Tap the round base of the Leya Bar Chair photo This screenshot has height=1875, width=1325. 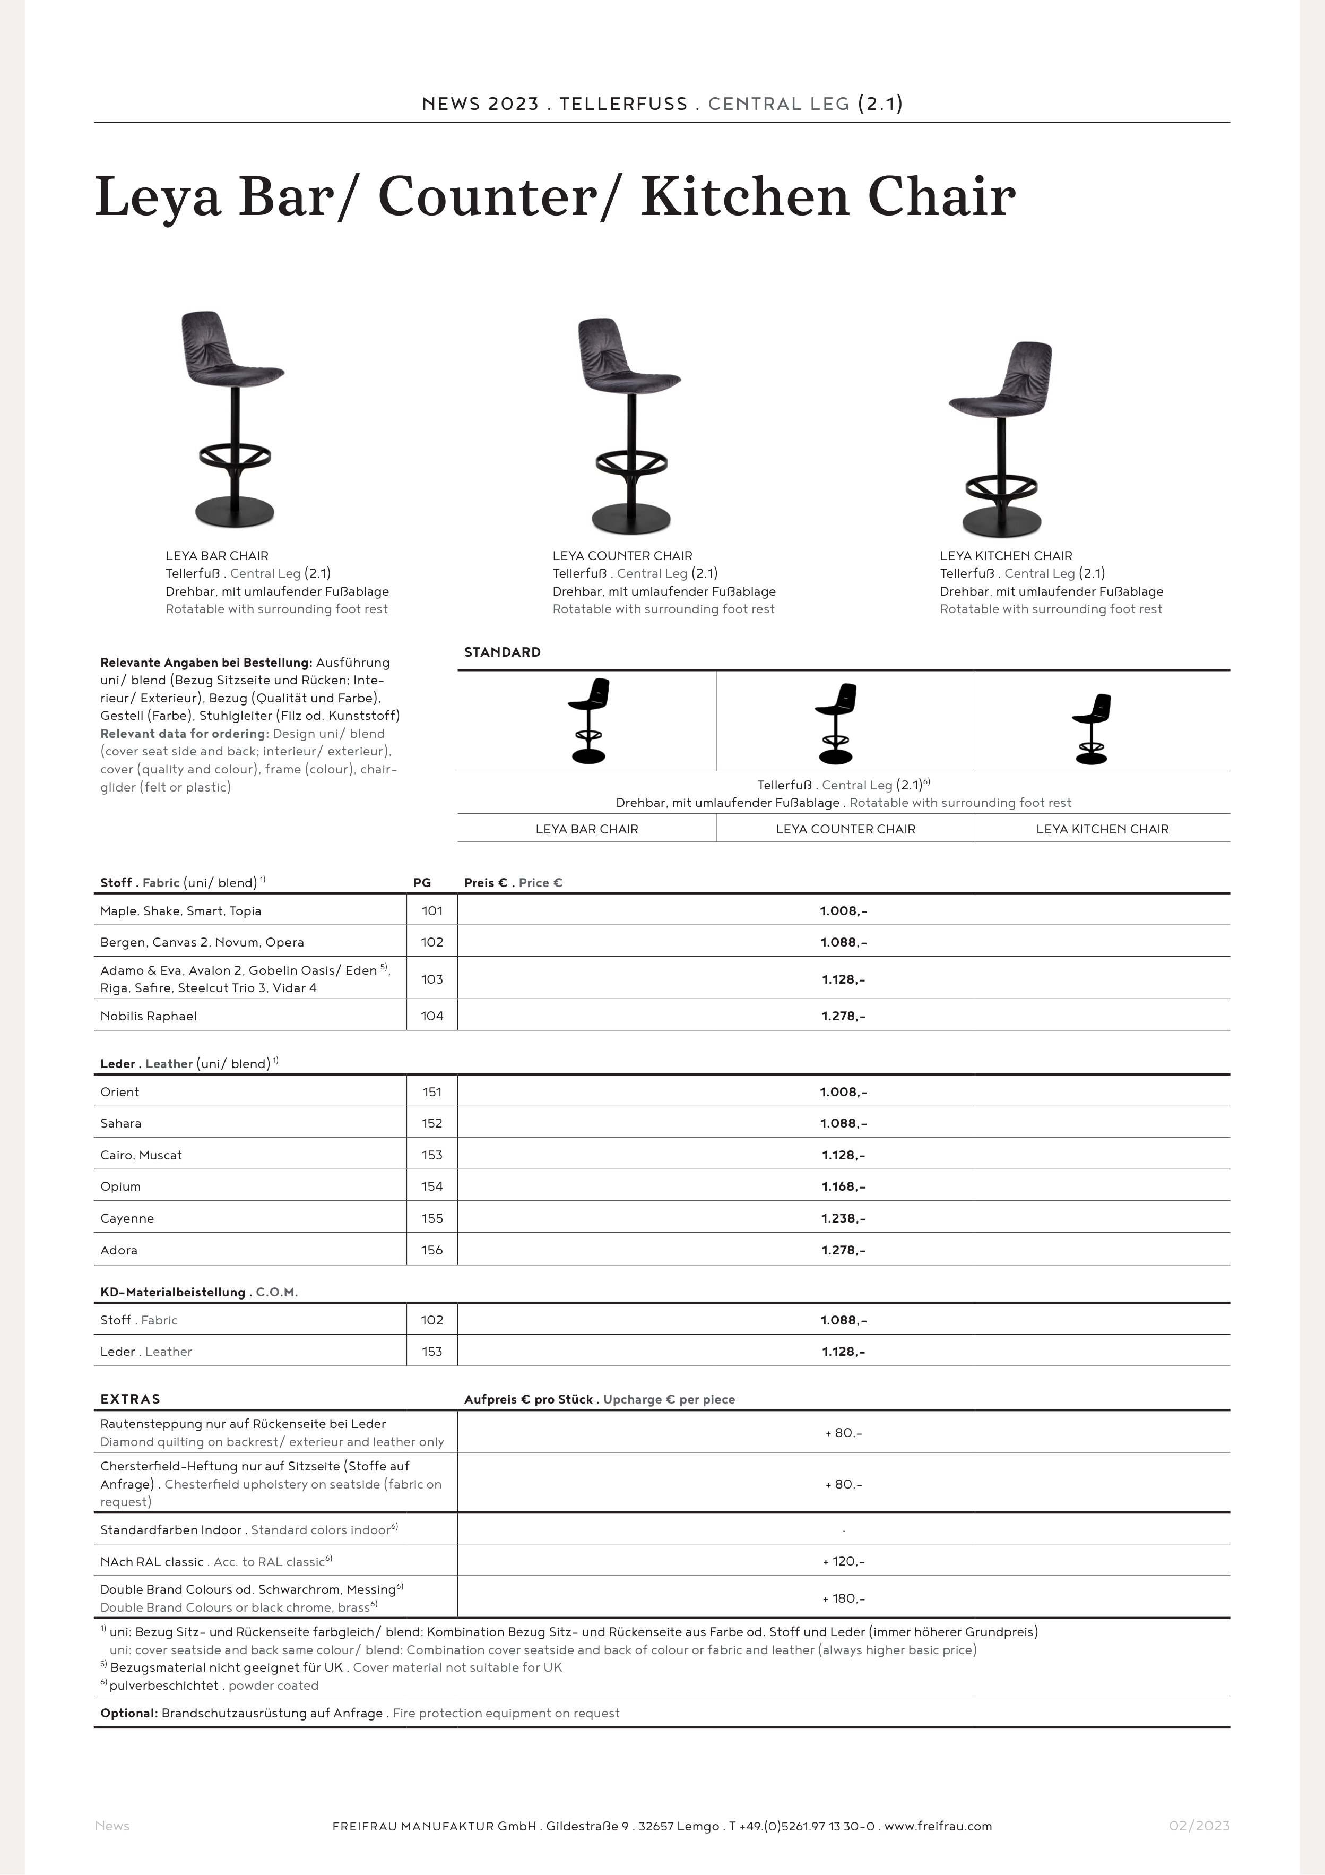tap(235, 513)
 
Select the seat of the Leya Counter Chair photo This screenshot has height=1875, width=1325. tap(633, 379)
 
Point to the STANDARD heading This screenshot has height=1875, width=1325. tap(502, 652)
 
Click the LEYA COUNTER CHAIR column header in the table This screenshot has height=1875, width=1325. tap(845, 829)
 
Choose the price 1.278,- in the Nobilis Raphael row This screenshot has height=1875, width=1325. tap(843, 1016)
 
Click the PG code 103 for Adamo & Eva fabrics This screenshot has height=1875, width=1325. tap(432, 979)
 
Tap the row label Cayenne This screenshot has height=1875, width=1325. tap(127, 1218)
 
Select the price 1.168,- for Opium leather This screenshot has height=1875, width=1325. tap(843, 1186)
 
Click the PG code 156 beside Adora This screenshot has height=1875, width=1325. tap(432, 1250)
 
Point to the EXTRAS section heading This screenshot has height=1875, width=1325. tap(131, 1399)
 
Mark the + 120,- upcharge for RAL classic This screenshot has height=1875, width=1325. tap(843, 1561)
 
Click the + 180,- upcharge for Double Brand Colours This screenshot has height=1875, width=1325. tap(843, 1598)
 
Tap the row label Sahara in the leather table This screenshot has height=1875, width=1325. tap(121, 1124)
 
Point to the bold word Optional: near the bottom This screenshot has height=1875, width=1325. tap(129, 1713)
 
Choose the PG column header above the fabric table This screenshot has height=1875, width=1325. tap(422, 883)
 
